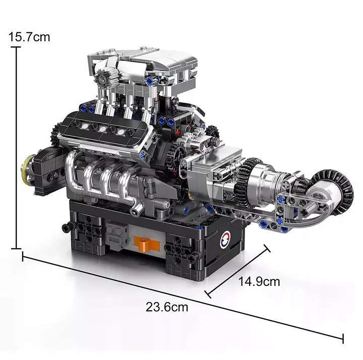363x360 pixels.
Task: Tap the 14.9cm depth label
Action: coord(259,281)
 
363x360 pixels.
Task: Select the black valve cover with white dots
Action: coord(104,128)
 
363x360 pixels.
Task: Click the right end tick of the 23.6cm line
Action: coord(343,338)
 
